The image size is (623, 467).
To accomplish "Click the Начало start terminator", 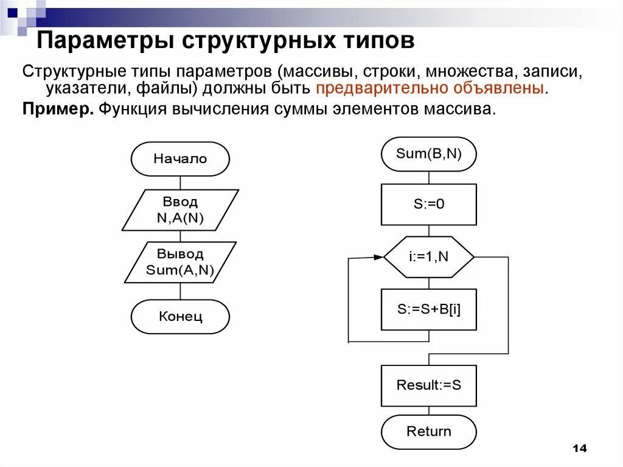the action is pyautogui.click(x=180, y=159).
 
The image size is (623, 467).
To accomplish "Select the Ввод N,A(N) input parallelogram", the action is pyautogui.click(x=180, y=210).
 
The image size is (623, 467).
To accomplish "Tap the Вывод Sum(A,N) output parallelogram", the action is pyautogui.click(x=180, y=262).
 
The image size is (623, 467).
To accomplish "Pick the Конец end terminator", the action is pyautogui.click(x=180, y=317).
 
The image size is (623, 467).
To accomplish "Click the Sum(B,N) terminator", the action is pyautogui.click(x=429, y=154).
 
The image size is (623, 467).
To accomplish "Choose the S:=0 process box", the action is pyautogui.click(x=429, y=205).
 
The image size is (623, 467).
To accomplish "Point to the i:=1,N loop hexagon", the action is pyautogui.click(x=429, y=257).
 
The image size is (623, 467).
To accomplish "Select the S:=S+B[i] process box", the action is pyautogui.click(x=429, y=309).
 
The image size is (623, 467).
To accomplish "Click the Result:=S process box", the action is pyautogui.click(x=429, y=385).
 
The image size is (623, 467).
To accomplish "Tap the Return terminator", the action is pyautogui.click(x=429, y=432).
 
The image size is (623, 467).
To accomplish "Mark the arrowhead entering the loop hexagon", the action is pyautogui.click(x=378, y=258).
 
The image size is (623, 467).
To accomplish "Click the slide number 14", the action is pyautogui.click(x=579, y=449).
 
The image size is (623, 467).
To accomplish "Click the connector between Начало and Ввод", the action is pyautogui.click(x=180, y=183).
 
